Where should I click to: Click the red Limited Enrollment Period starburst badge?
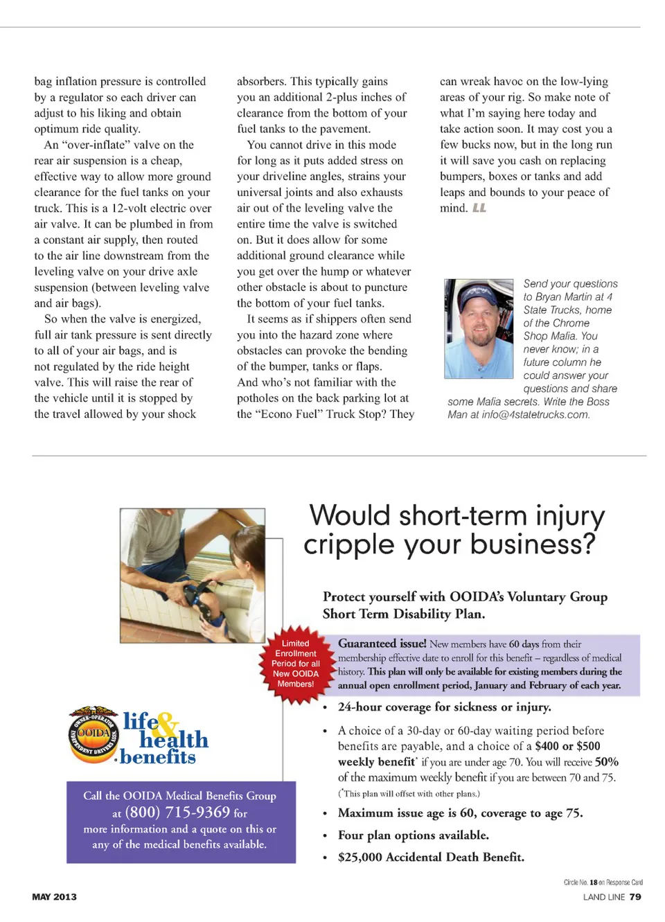point(296,664)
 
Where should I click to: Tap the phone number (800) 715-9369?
point(177,812)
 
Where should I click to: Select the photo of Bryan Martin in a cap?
point(479,328)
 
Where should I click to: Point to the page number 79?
point(635,897)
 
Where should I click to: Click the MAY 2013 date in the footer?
point(54,897)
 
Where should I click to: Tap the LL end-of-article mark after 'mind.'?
point(479,208)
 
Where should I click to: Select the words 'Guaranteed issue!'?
point(382,644)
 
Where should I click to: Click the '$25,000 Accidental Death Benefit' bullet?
point(431,857)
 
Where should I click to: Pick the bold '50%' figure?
point(606,762)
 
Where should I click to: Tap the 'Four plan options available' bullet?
point(413,835)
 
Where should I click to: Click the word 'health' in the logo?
point(174,740)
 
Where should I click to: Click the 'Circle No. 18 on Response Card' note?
point(603,883)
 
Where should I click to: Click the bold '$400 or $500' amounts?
point(567,746)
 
